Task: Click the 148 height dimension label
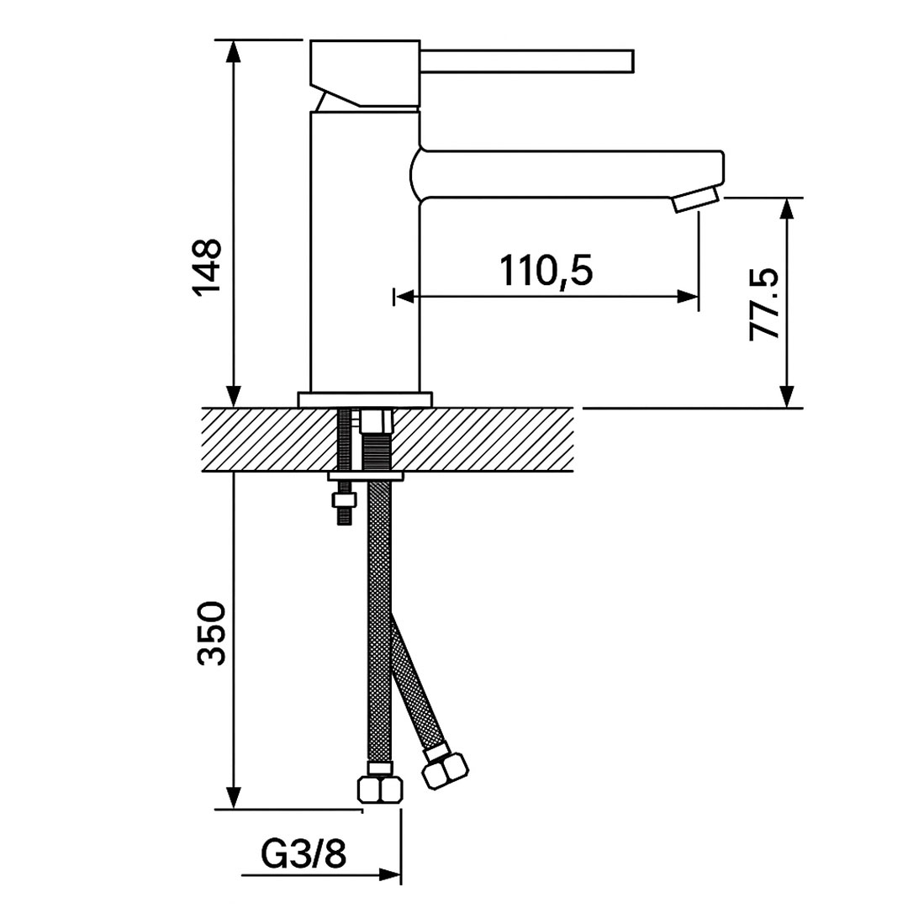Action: click(208, 267)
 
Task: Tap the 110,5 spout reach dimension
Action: click(546, 270)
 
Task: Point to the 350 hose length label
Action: click(211, 634)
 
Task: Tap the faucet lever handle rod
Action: click(526, 61)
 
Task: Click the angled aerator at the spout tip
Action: click(695, 200)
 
